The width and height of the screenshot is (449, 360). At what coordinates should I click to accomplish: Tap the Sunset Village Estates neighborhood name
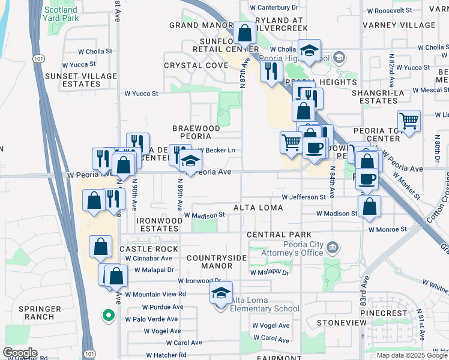(x=80, y=80)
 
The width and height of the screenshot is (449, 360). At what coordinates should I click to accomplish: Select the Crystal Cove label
(x=196, y=65)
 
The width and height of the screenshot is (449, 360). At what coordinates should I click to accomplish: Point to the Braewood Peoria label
(x=196, y=133)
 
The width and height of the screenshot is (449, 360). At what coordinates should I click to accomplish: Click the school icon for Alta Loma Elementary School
(x=221, y=295)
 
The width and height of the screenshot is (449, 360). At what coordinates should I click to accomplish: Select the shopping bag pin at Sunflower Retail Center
(x=244, y=34)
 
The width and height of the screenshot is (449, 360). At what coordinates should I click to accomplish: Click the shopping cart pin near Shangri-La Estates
(x=409, y=122)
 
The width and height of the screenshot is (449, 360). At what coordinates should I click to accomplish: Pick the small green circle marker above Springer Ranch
(x=108, y=314)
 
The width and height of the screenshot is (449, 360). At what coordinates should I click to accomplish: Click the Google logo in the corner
(x=20, y=353)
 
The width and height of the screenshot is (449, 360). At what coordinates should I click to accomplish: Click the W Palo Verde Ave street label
(x=152, y=319)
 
